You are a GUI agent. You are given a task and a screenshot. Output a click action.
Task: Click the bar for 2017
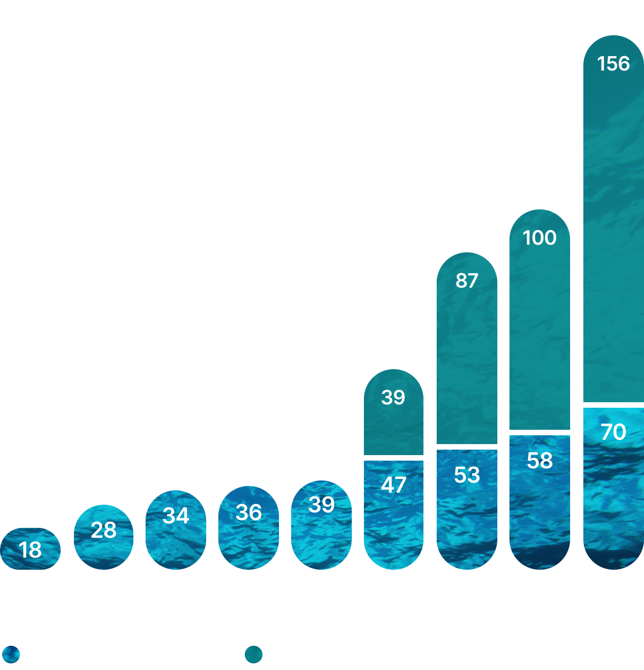tap(30, 549)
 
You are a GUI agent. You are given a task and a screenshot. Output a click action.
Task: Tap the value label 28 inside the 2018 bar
tap(104, 530)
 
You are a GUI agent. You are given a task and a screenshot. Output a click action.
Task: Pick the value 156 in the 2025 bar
tap(613, 64)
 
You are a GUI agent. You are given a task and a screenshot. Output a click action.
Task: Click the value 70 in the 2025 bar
tap(613, 432)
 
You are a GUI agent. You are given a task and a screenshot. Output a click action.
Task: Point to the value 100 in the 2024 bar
tap(539, 238)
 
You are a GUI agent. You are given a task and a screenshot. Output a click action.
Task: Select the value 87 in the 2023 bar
tap(466, 281)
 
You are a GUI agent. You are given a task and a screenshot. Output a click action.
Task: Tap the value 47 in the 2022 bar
tap(393, 485)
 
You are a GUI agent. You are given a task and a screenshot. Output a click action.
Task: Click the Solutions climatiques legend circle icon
tap(11, 655)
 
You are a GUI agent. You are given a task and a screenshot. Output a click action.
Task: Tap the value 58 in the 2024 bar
tap(539, 461)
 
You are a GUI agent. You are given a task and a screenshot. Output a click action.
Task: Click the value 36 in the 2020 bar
tap(249, 513)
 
